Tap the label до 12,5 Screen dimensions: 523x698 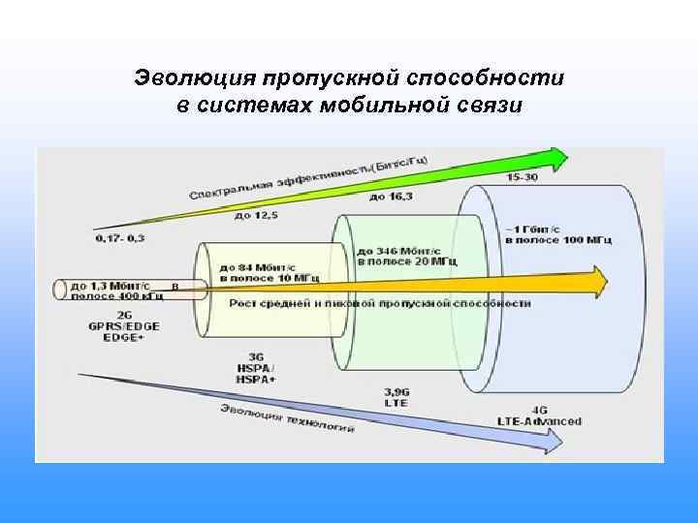point(256,215)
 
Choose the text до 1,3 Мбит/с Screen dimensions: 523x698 point(110,286)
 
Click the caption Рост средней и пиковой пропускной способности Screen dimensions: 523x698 point(380,303)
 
